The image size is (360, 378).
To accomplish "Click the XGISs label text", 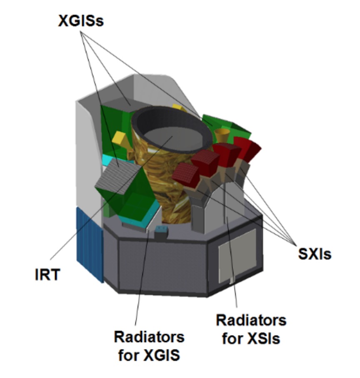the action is coord(81,21).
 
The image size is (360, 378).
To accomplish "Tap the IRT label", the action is coord(47,275).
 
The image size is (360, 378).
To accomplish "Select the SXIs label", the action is coord(315,254).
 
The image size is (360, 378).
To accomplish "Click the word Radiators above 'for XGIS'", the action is coord(149,337).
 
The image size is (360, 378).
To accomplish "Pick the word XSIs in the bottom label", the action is coord(264,339).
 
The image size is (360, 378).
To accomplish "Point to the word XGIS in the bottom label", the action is coord(162,355).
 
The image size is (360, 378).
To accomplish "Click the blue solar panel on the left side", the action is coord(90,244).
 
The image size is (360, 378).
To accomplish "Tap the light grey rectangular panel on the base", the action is coord(237,256).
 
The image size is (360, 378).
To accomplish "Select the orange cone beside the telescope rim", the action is coord(222,135).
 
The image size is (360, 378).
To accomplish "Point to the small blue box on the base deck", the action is coord(161,231).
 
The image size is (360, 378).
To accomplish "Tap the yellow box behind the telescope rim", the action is coord(179,108).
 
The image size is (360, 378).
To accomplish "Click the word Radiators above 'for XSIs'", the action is coord(251,321).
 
